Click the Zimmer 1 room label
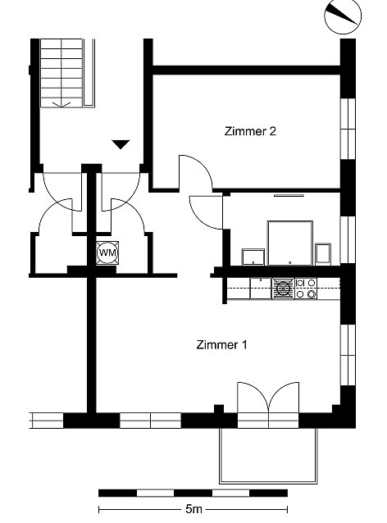click(221, 344)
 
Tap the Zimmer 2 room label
click(250, 131)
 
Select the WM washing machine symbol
click(107, 252)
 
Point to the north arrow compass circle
click(343, 16)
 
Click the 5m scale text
click(193, 509)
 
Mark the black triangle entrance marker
click(121, 144)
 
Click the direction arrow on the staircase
click(61, 104)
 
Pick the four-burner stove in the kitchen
click(306, 289)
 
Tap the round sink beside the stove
click(283, 289)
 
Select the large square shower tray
click(290, 243)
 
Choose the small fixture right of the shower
click(323, 253)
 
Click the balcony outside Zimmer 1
click(269, 456)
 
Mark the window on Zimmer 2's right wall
click(348, 129)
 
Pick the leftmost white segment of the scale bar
click(156, 493)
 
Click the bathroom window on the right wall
click(348, 240)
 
